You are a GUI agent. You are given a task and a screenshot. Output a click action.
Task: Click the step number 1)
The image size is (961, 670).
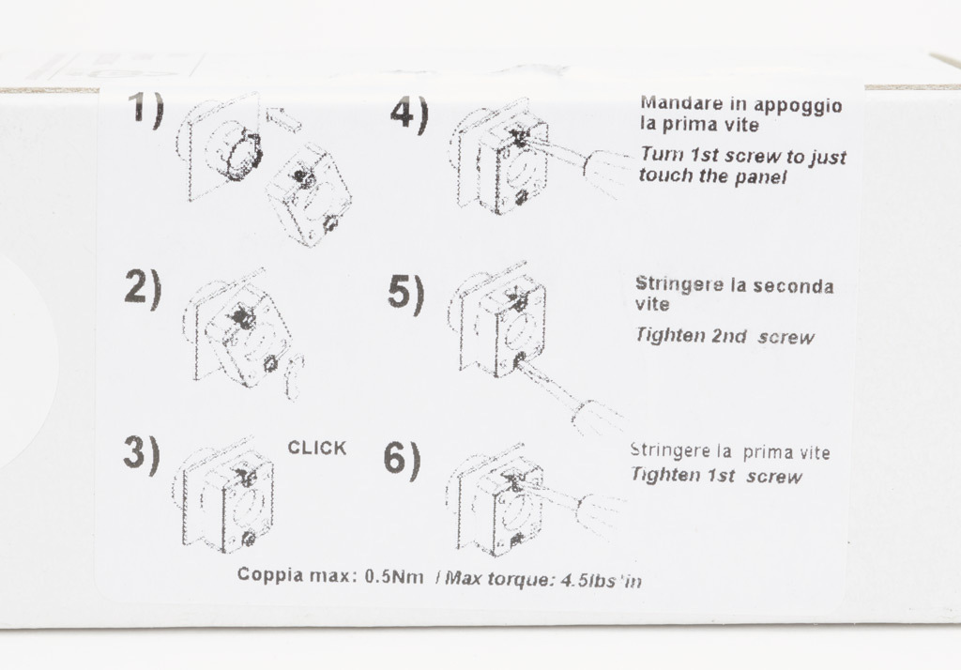point(145,111)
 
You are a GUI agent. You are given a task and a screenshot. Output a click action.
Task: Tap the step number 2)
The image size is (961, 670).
point(143,287)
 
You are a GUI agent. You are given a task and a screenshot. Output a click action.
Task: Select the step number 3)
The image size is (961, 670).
point(142,454)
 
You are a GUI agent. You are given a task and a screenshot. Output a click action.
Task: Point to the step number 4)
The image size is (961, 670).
point(409,115)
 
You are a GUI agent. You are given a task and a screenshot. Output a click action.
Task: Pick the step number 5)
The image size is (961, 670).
point(405,294)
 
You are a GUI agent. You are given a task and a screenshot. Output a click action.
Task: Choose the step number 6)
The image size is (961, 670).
point(402,460)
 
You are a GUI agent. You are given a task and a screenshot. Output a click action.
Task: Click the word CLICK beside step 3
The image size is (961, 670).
point(317,449)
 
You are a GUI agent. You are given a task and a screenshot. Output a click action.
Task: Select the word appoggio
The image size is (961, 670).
point(798,107)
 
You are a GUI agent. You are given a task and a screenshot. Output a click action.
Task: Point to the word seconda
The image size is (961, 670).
point(793,285)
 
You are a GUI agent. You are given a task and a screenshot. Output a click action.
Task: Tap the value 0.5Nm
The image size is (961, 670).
point(394,577)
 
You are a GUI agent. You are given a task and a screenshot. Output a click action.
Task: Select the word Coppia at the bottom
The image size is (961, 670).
point(269,575)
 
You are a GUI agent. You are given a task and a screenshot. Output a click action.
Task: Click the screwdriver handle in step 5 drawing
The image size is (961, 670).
point(595,417)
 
